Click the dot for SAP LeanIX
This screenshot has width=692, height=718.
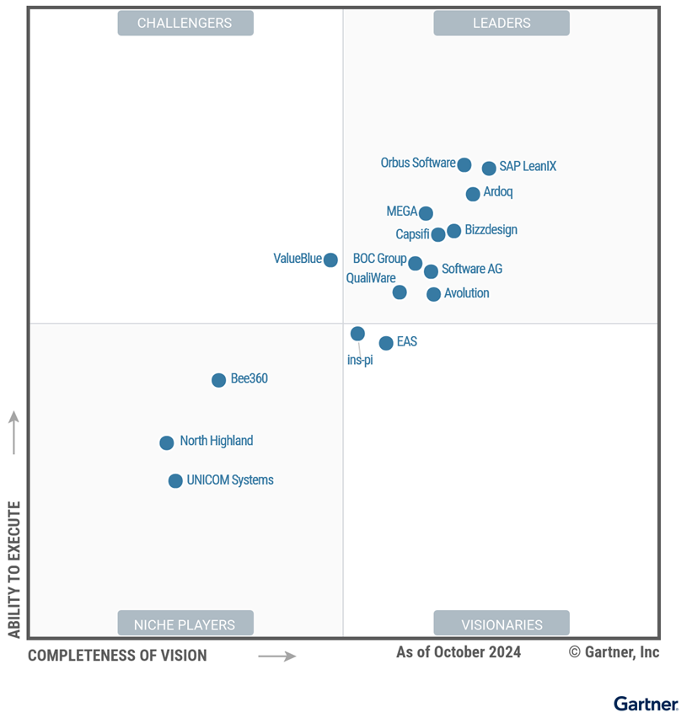[x=489, y=169]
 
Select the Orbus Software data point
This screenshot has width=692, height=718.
[x=464, y=164]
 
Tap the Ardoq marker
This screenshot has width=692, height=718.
[x=473, y=194]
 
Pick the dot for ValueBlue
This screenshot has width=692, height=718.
[x=330, y=260]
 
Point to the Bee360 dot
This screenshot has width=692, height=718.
[x=218, y=380]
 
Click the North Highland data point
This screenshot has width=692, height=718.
[x=167, y=442]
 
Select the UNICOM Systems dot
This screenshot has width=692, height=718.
[x=175, y=481]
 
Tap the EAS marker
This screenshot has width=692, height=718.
[x=386, y=343]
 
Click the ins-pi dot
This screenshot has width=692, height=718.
[x=357, y=334]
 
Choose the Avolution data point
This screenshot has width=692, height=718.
[x=433, y=294]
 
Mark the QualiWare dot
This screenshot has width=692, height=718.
[x=400, y=292]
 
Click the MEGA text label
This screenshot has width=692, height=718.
[x=402, y=212]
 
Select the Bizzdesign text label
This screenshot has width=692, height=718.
[x=491, y=230]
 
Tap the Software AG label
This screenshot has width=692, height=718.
[x=472, y=270]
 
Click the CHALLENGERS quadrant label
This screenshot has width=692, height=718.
[x=185, y=23]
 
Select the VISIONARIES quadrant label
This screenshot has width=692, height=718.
[x=502, y=624]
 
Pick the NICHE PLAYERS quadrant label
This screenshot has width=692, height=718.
[x=185, y=624]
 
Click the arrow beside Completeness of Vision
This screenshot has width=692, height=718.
[x=276, y=656]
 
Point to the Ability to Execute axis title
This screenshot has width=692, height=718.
[x=14, y=570]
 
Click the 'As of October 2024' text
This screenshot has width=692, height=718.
[x=459, y=652]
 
